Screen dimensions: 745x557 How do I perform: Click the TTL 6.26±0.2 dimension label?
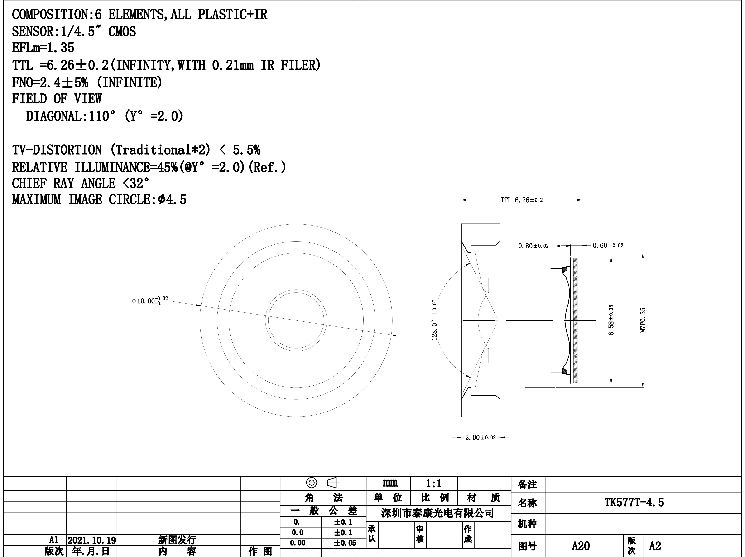pos(522,200)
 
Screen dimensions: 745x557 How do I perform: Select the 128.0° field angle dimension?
pos(434,320)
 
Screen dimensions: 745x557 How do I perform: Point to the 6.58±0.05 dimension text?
pos(611,320)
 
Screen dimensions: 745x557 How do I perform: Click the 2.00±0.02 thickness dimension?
pos(480,437)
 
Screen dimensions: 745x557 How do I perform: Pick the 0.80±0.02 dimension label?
pos(534,246)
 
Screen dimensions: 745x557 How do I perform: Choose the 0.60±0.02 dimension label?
pos(608,245)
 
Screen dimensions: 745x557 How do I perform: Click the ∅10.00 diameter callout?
pos(150,301)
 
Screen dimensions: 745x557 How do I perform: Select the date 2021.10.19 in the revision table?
pos(91,540)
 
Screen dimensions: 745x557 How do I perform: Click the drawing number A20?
pos(581,546)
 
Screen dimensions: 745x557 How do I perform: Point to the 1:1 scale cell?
pos(434,484)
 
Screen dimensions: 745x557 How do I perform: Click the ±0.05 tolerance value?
pos(345,543)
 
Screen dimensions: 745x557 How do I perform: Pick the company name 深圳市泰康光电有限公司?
pos(437,513)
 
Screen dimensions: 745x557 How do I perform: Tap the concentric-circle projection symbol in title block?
pos(312,483)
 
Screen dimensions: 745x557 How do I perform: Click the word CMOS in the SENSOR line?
pos(122,32)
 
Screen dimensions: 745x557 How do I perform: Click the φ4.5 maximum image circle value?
pos(173,199)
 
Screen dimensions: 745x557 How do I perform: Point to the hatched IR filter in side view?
pos(575,320)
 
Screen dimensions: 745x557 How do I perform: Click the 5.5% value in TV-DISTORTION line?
pos(246,150)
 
